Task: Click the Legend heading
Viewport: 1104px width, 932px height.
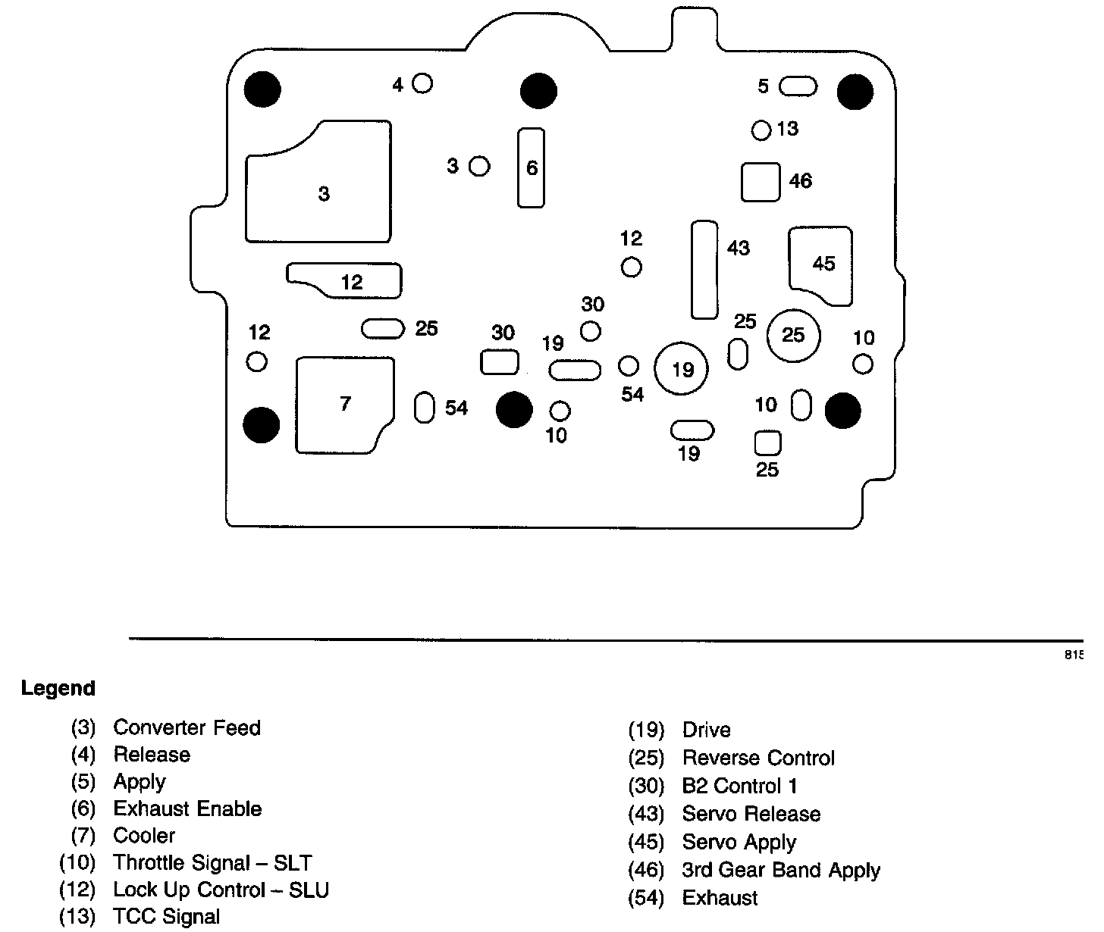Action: coord(58,688)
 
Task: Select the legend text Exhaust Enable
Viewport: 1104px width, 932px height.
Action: coord(188,808)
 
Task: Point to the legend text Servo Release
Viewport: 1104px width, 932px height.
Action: coord(751,814)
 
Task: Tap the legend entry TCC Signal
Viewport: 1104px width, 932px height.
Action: coord(167,916)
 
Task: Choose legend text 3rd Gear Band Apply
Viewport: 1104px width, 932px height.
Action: coord(781,870)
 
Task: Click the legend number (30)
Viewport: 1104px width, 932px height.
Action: coord(645,787)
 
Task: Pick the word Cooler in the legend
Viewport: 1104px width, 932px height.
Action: coord(144,835)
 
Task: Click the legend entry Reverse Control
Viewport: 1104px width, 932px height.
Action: coord(758,758)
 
